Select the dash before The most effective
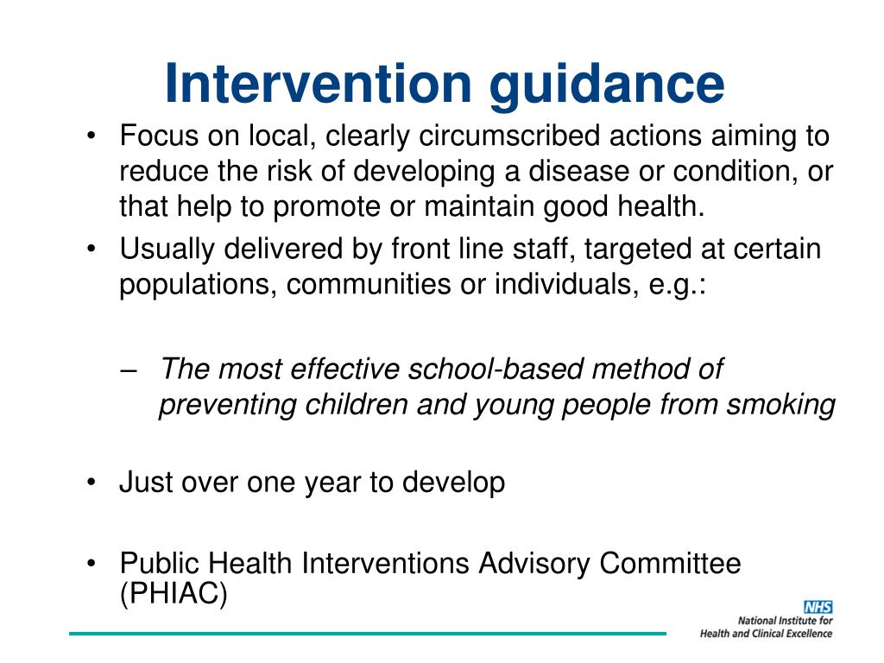click(129, 370)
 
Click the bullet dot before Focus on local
click(92, 137)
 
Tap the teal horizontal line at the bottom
click(367, 635)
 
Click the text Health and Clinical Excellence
click(767, 633)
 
